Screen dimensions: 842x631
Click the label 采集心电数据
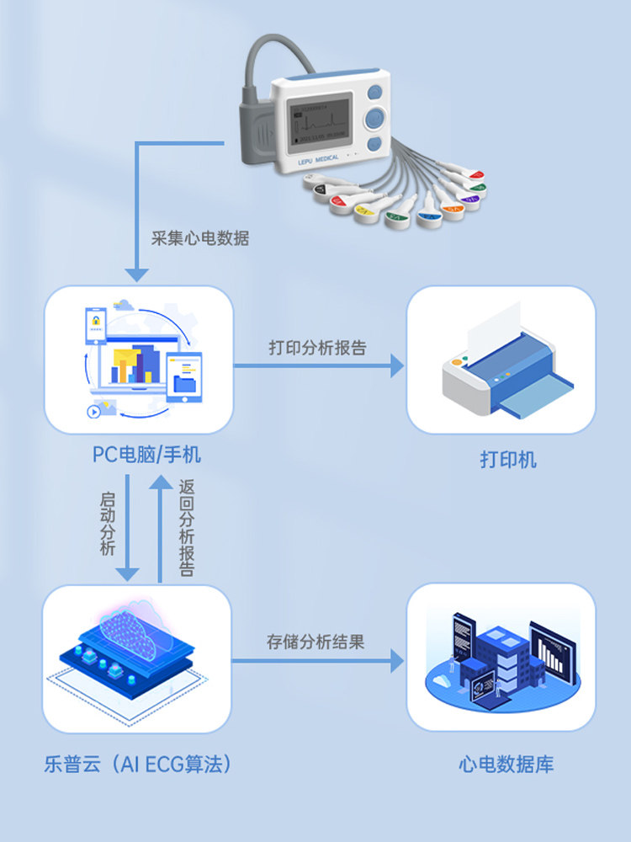click(x=200, y=238)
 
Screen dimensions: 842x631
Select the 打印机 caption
click(x=508, y=460)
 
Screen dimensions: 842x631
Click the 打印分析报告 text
click(x=317, y=348)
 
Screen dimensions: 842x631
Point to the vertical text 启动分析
click(x=107, y=523)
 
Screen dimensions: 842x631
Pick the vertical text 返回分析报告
click(x=187, y=528)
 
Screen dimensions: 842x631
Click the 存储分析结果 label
click(x=315, y=642)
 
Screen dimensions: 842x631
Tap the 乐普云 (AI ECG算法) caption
click(x=138, y=765)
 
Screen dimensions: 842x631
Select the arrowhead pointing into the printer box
click(x=397, y=365)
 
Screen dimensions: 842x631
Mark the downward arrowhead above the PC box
click(x=136, y=274)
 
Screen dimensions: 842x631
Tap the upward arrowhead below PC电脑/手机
click(x=160, y=482)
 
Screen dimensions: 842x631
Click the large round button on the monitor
click(x=375, y=118)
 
